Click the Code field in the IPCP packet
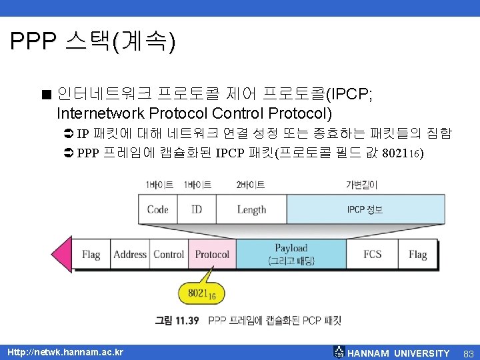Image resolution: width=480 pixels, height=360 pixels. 158,209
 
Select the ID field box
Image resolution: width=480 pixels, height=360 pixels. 197,209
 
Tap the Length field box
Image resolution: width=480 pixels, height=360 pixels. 251,209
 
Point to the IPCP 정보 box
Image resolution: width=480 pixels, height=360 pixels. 365,209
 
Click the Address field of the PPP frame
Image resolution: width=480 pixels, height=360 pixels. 130,254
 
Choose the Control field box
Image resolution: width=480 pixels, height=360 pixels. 169,254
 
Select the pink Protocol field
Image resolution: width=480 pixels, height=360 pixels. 212,254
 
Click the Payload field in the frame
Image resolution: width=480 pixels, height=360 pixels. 291,254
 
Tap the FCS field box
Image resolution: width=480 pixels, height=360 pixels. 373,254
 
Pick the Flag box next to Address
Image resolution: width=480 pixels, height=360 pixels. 91,254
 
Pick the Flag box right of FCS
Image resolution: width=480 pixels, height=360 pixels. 418,254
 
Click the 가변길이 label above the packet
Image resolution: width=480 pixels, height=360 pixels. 362,185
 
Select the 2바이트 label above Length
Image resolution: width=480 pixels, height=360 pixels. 251,185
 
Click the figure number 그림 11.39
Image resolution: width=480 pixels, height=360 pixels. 177,321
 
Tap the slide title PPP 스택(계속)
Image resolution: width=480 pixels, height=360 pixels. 93,43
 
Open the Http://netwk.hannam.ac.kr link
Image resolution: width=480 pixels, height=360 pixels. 65,352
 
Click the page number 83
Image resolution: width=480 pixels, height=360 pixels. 467,353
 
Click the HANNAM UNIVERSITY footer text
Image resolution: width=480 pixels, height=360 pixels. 399,353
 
